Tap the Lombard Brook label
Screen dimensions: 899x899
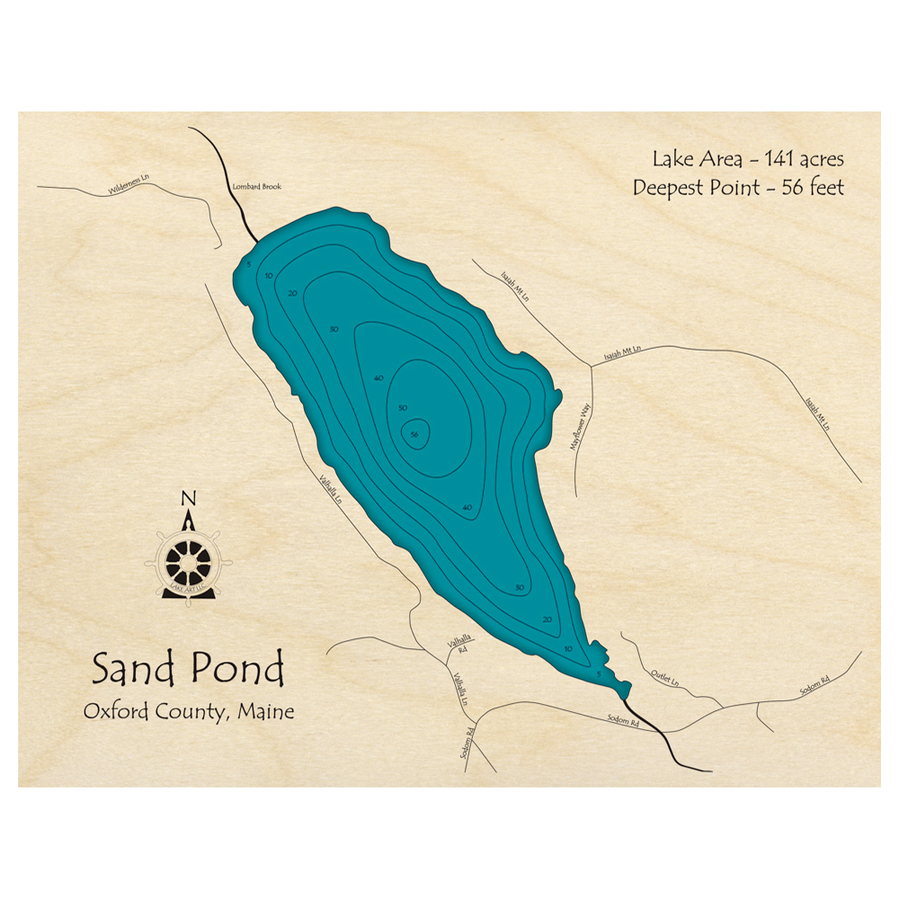[x=257, y=186]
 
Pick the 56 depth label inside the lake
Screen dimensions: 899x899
[x=414, y=434]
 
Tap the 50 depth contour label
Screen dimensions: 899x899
[x=403, y=408]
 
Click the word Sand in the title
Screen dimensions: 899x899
[x=135, y=670]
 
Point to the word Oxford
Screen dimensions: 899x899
[x=117, y=712]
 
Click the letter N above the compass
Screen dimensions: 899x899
[x=188, y=498]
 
